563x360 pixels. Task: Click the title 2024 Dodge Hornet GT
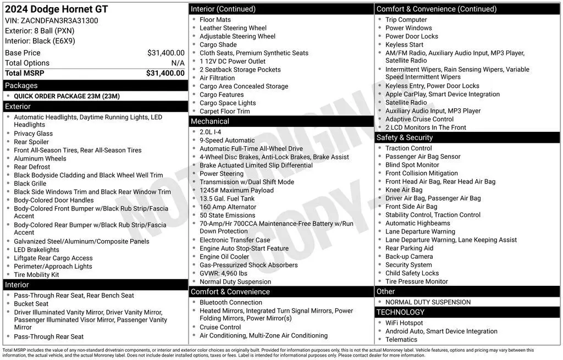pyautogui.click(x=56, y=9)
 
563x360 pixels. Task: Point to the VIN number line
pyautogui.click(x=52, y=20)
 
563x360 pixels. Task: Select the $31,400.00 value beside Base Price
pyautogui.click(x=165, y=53)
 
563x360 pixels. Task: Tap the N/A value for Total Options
pyautogui.click(x=178, y=63)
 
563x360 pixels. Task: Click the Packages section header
pyautogui.click(x=21, y=86)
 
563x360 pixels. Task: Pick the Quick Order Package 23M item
pyautogui.click(x=67, y=96)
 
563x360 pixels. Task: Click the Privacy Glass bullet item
pyautogui.click(x=34, y=134)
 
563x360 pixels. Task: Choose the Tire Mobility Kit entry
pyautogui.click(x=36, y=275)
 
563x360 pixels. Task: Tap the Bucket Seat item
pyautogui.click(x=31, y=304)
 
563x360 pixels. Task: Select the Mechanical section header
pyautogui.click(x=209, y=121)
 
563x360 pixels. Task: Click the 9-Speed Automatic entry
pyautogui.click(x=227, y=141)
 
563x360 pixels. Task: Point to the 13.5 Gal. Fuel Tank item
pyautogui.click(x=227, y=199)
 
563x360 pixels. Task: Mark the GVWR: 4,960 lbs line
pyautogui.click(x=223, y=273)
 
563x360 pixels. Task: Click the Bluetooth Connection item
pyautogui.click(x=231, y=302)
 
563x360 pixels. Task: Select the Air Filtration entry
pyautogui.click(x=217, y=78)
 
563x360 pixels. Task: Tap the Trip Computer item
pyautogui.click(x=406, y=20)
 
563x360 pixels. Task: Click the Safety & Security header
pyautogui.click(x=404, y=137)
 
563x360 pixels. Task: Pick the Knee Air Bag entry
pyautogui.click(x=404, y=190)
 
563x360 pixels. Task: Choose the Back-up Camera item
pyautogui.click(x=409, y=257)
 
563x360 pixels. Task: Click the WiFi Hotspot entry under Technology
pyautogui.click(x=404, y=323)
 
